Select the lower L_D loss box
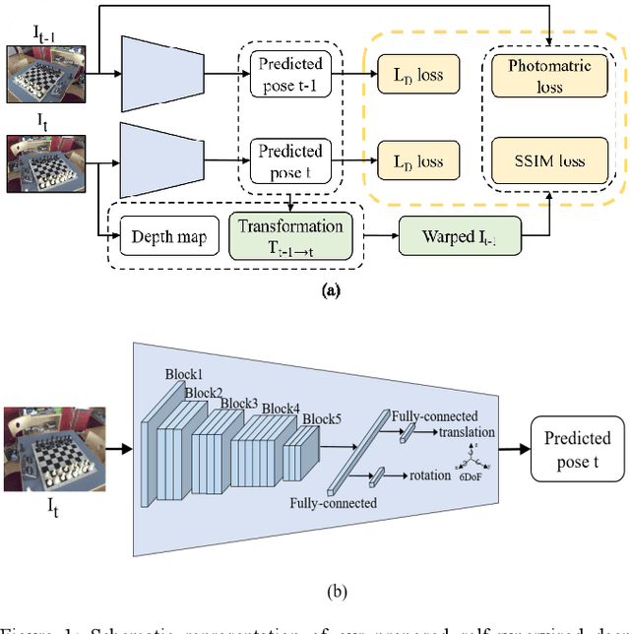pos(410,161)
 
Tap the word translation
pos(469,432)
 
